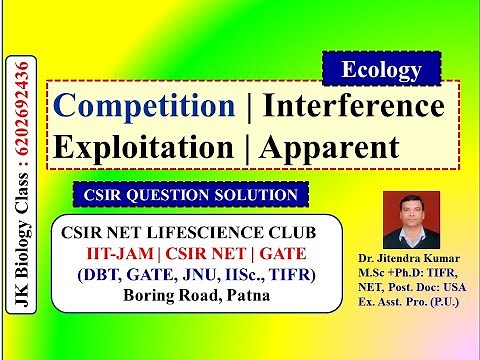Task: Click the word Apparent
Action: [x=329, y=145]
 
